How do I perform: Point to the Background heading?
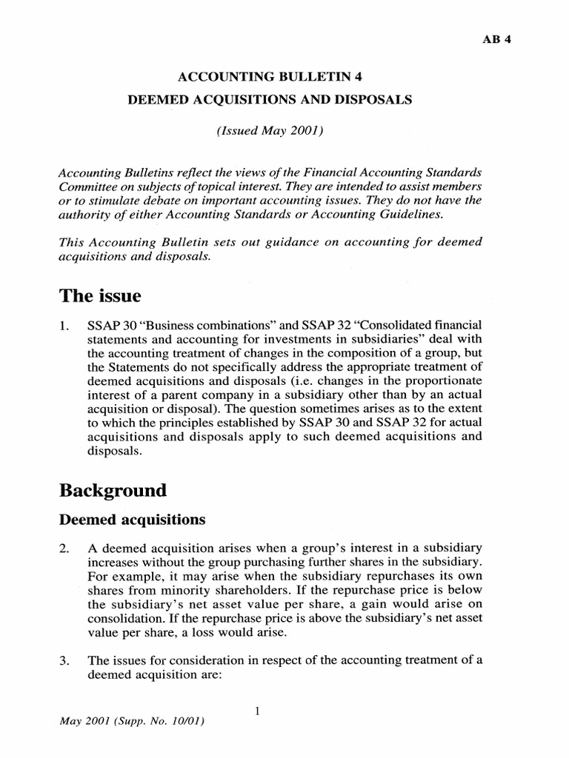point(113,490)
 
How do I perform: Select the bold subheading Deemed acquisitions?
point(131,520)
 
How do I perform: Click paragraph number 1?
point(64,326)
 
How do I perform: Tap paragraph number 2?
point(64,548)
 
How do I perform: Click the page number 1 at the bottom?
point(256,711)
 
